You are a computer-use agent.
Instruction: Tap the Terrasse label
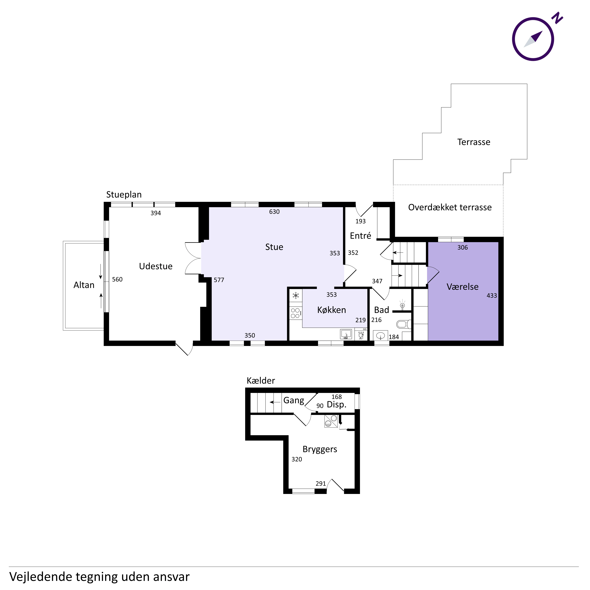pos(474,142)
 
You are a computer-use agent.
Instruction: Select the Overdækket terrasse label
pos(450,207)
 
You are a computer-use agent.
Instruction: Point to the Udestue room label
pos(156,266)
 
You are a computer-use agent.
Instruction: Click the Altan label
pos(84,285)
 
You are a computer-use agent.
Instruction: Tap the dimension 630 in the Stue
pos(274,212)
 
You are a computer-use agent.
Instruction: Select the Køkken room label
pos(332,310)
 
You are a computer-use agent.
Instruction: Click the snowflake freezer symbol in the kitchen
pos(296,295)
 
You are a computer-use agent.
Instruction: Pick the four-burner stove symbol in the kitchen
pos(296,313)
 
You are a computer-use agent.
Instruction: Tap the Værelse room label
pos(462,287)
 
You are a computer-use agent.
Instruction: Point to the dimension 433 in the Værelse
pos(492,296)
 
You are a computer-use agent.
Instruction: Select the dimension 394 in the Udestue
pos(156,213)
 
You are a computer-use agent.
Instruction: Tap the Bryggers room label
pos(320,449)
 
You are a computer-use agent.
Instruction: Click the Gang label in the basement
pos(294,400)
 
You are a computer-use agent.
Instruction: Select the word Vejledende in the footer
pos(40,577)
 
